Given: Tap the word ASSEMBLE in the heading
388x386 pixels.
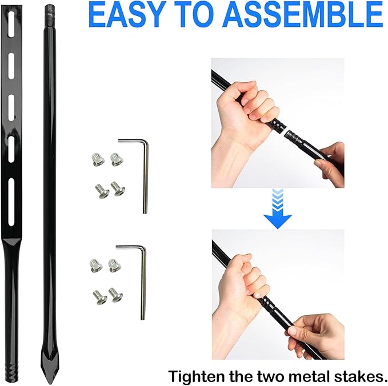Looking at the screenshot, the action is pos(303,15).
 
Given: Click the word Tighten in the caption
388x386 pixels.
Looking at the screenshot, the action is pos(197,377).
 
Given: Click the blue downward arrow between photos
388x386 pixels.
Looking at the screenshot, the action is pos(277,208).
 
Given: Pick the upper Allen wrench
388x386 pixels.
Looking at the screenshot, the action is pos(145,173).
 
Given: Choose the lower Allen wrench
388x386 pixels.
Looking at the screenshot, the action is pos(143,279).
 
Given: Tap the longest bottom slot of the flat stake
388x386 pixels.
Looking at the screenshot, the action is pos(11,202).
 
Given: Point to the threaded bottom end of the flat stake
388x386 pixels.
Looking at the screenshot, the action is pos(13,371).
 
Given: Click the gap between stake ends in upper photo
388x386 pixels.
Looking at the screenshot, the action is pos(285,131).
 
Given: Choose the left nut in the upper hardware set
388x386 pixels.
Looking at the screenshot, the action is pos(98,159).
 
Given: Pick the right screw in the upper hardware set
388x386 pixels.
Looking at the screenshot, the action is pos(118,188).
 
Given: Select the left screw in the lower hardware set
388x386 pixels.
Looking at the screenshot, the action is pos(100,297).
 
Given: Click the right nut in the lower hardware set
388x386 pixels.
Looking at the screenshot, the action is pos(115,266).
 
